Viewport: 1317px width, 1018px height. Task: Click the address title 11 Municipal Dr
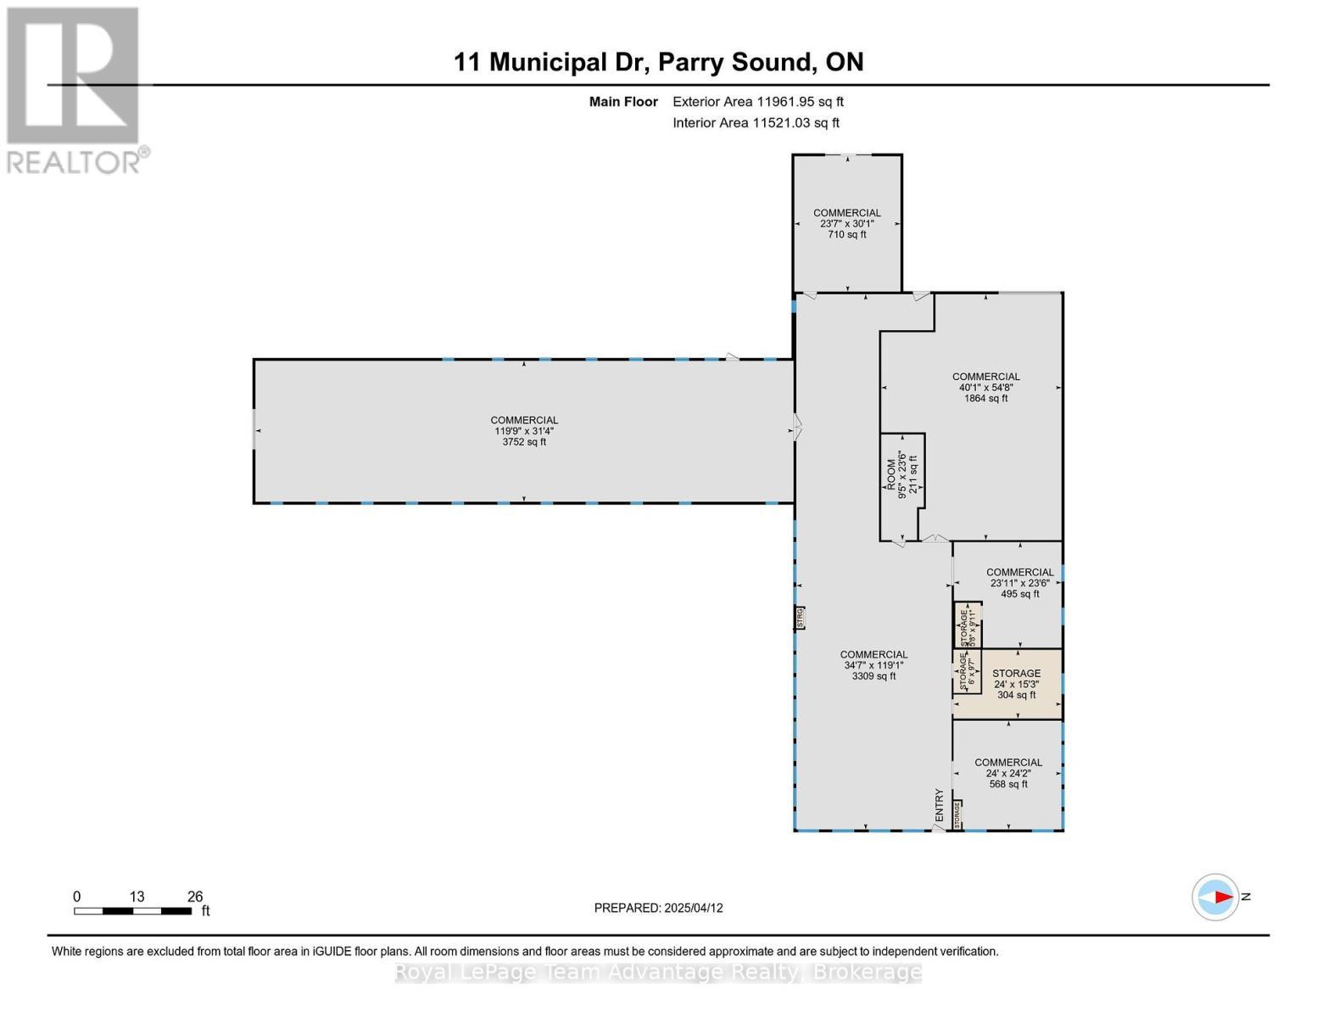658,62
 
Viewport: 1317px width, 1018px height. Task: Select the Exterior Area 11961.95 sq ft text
757,102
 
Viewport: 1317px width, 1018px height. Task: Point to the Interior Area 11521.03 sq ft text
756,123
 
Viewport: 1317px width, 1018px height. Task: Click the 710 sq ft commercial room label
846,224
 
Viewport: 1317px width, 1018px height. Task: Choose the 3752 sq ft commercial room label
524,431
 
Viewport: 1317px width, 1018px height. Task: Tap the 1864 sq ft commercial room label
985,388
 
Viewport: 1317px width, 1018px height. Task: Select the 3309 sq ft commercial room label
873,665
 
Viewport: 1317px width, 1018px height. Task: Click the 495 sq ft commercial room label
1019,583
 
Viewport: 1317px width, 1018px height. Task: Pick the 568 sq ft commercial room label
1007,773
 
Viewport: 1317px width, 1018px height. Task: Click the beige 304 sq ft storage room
1017,684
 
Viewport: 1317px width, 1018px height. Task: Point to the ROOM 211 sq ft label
901,477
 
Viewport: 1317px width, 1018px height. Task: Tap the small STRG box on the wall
799,618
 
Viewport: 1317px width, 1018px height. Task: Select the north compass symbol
1215,897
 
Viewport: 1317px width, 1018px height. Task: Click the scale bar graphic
132,911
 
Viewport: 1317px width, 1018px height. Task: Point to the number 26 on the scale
195,897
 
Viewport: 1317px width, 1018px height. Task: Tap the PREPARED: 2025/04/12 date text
658,908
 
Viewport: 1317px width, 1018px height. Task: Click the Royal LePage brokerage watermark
658,972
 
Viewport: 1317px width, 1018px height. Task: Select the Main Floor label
623,102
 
